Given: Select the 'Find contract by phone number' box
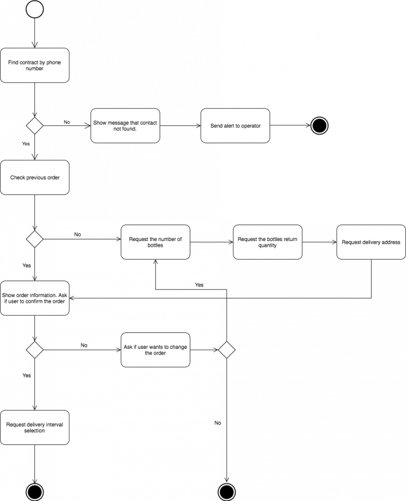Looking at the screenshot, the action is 34,66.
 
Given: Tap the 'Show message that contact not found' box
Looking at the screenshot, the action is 125,126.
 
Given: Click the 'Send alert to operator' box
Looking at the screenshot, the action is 235,126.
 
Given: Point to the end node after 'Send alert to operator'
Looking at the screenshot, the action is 319,126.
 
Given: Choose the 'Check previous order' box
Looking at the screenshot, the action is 34,178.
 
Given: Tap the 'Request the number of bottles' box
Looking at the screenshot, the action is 155,242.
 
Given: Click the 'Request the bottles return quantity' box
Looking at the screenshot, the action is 267,242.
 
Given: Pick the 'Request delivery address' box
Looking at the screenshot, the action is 371,242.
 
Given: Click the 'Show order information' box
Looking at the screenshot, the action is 34,298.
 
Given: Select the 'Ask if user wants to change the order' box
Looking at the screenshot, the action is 155,350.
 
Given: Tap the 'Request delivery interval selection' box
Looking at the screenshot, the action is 34,428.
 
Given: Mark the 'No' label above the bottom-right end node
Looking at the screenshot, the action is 218,423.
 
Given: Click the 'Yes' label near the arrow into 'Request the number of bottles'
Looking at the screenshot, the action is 199,285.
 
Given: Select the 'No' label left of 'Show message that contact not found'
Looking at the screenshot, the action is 67,122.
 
